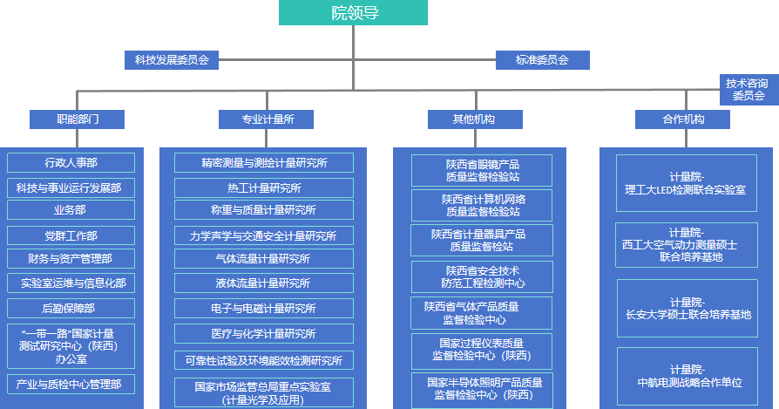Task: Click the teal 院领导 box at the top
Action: point(354,13)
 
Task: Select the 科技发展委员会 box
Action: point(171,60)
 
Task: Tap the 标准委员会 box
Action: point(542,60)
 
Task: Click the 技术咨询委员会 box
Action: point(748,89)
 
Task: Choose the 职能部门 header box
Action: point(77,119)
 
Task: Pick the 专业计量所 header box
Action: point(267,119)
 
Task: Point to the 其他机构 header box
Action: point(475,119)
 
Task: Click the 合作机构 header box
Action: point(682,119)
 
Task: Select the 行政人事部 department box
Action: point(71,163)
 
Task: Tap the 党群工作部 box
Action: point(71,236)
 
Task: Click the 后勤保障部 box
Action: point(71,308)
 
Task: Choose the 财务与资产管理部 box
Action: point(71,259)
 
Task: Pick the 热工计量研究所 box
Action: point(264,187)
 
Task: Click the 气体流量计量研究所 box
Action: point(264,259)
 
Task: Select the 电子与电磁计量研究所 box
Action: point(264,309)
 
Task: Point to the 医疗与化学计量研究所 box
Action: point(264,334)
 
